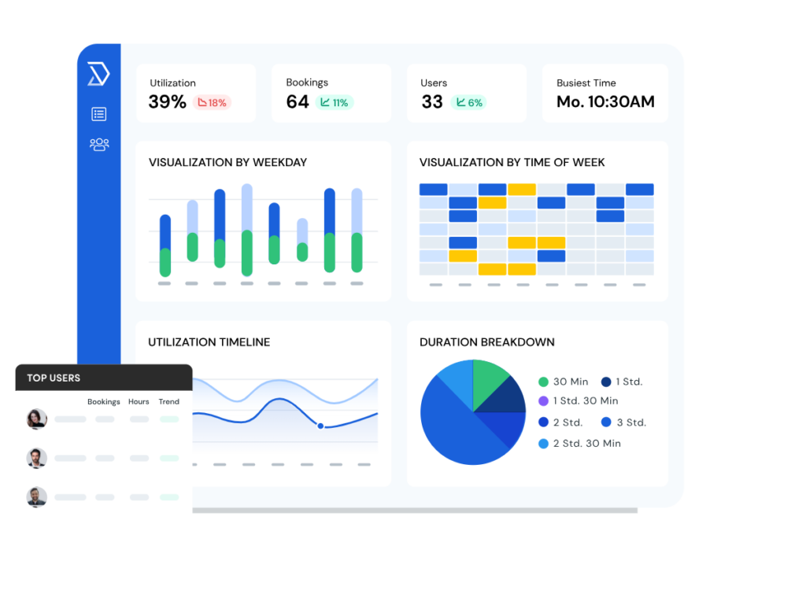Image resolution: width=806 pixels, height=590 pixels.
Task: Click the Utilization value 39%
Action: pyautogui.click(x=167, y=102)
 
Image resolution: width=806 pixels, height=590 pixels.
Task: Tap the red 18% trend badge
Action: pyautogui.click(x=212, y=102)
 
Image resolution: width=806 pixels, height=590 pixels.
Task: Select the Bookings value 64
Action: pyautogui.click(x=298, y=102)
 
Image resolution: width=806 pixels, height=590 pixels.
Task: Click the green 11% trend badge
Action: pyautogui.click(x=335, y=102)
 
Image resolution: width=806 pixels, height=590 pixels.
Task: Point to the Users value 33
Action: pyautogui.click(x=432, y=102)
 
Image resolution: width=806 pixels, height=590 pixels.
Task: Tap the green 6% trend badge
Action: pyautogui.click(x=468, y=102)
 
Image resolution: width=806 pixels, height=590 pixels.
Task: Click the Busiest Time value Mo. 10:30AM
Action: pyautogui.click(x=605, y=102)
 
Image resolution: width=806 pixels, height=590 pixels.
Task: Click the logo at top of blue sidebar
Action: pyautogui.click(x=98, y=75)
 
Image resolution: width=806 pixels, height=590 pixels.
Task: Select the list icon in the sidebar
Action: pyautogui.click(x=98, y=114)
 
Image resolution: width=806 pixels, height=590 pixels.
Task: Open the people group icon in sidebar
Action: pyautogui.click(x=99, y=145)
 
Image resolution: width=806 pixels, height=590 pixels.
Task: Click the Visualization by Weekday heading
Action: pyautogui.click(x=227, y=163)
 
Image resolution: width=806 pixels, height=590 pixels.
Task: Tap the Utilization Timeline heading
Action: pyautogui.click(x=209, y=342)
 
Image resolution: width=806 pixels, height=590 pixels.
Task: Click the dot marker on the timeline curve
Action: pyautogui.click(x=320, y=426)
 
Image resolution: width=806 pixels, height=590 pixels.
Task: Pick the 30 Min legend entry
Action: pyautogui.click(x=564, y=382)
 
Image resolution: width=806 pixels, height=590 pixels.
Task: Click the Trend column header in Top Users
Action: pyautogui.click(x=168, y=402)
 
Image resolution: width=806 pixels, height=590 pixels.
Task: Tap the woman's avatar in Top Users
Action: pyautogui.click(x=37, y=419)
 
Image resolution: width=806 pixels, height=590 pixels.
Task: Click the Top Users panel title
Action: pyautogui.click(x=54, y=378)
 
